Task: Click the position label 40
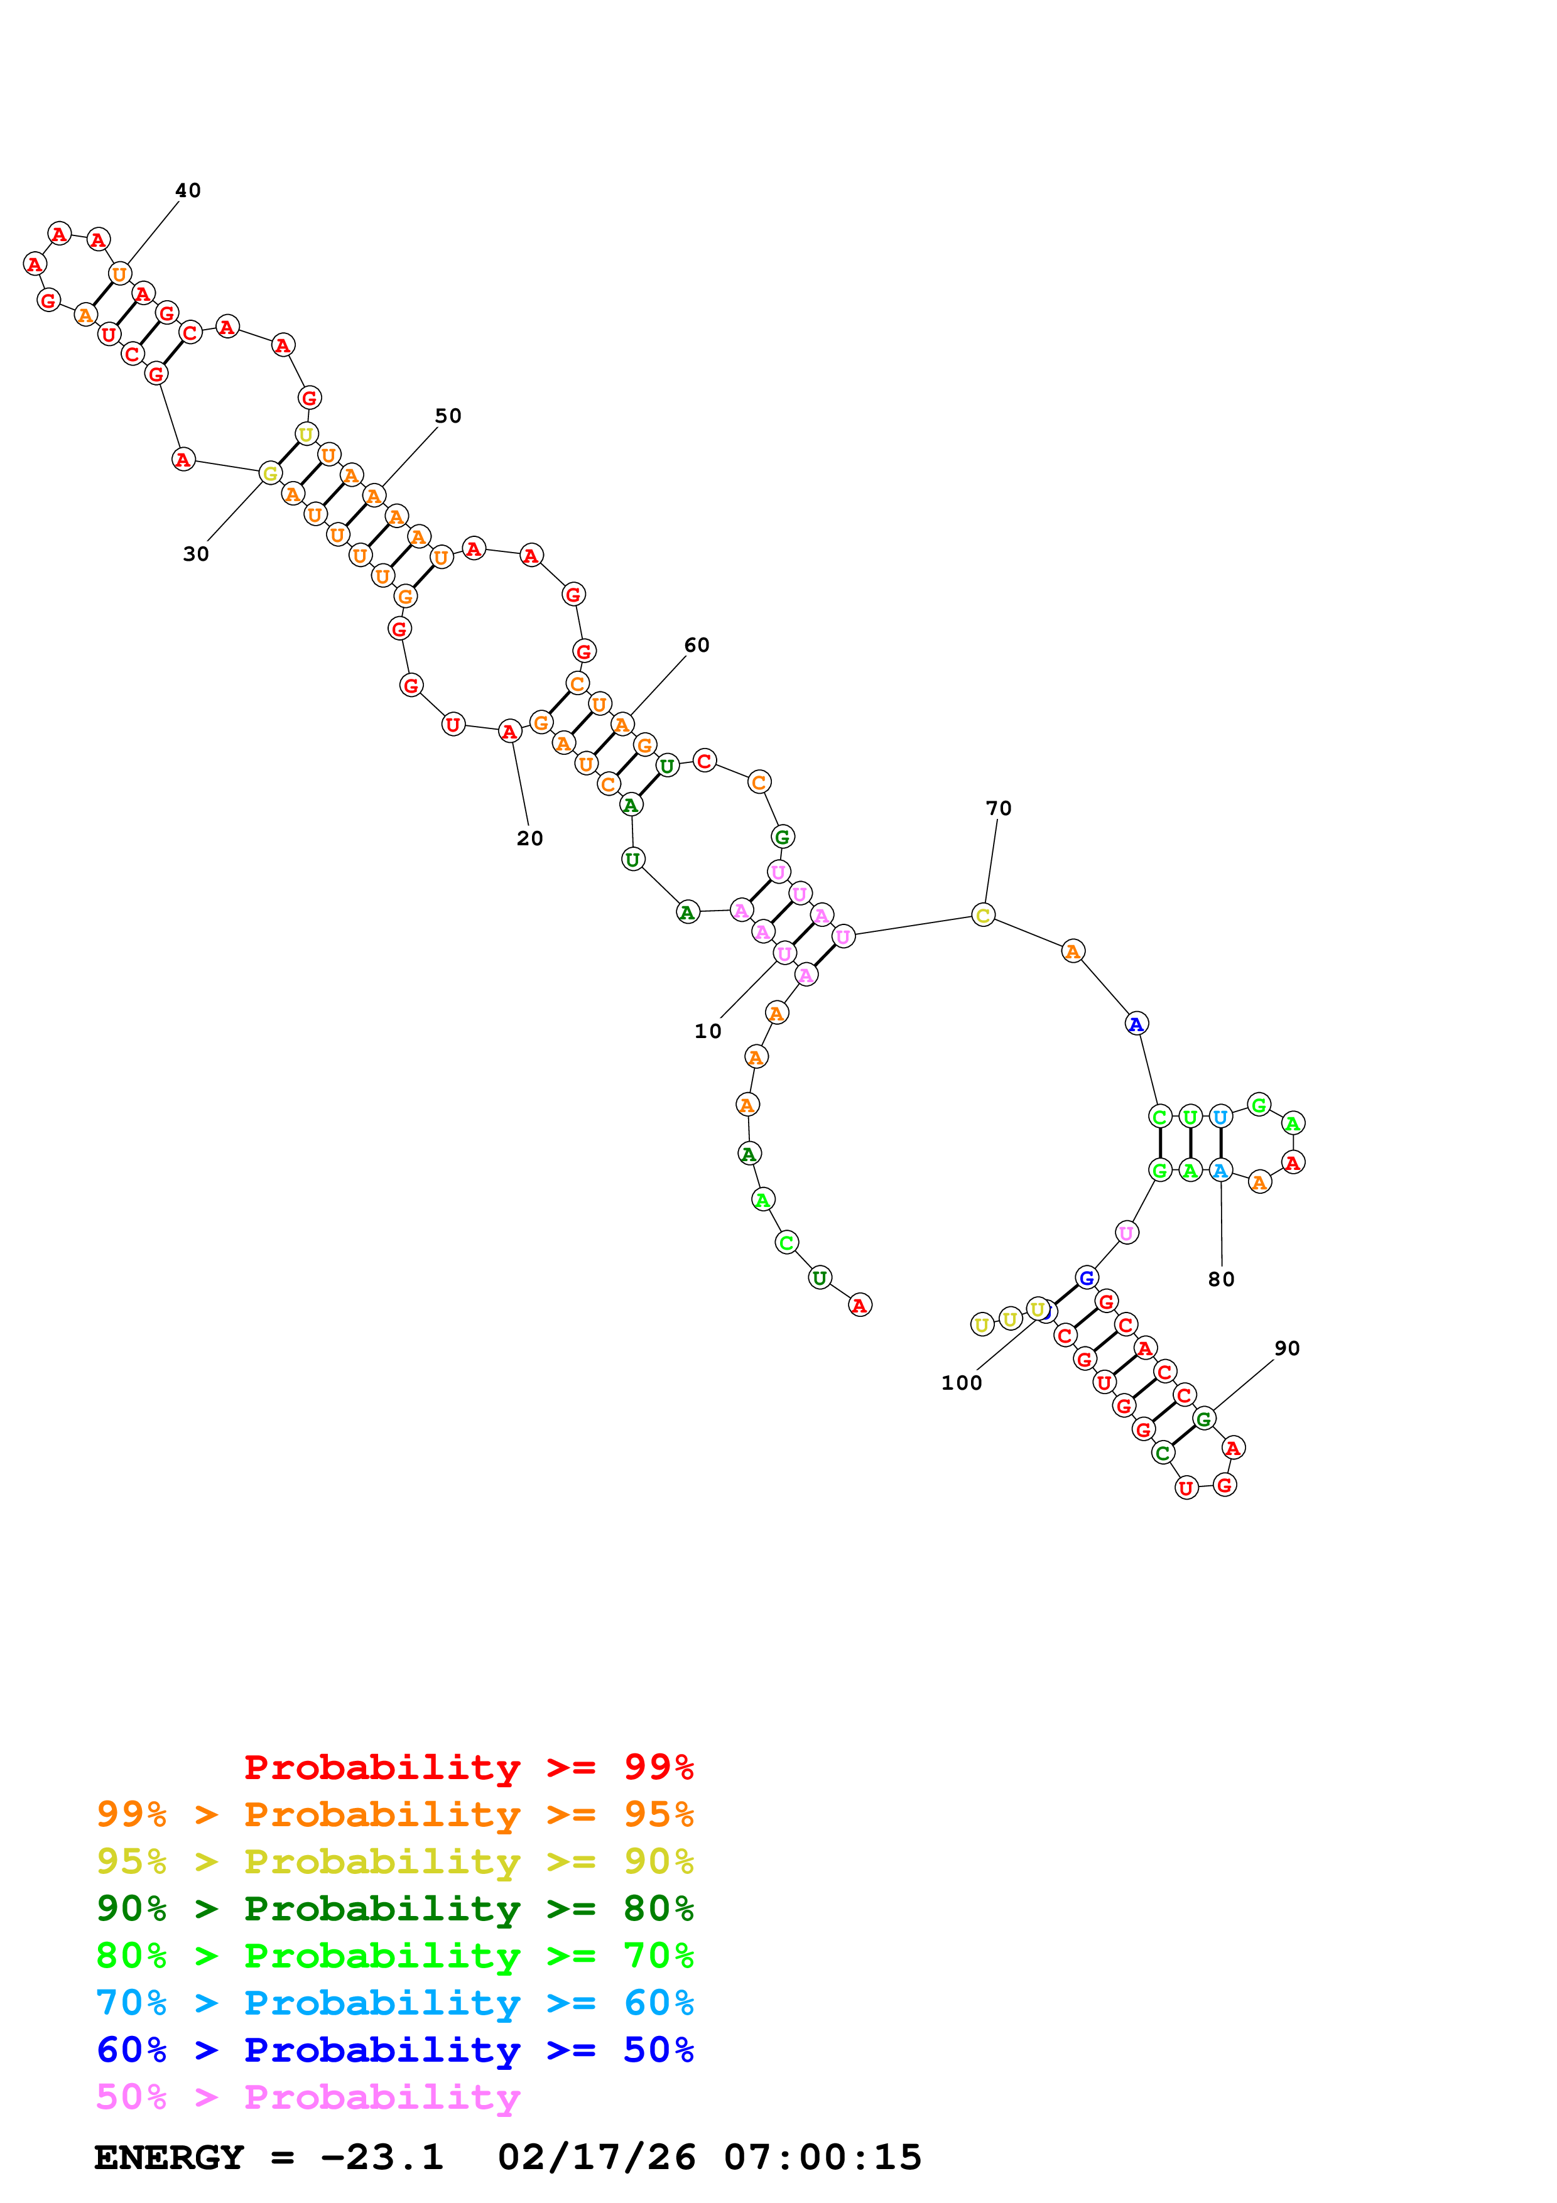(188, 191)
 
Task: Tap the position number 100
(961, 1383)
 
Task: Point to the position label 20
(529, 838)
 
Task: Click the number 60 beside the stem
(697, 646)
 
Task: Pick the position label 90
(1286, 1348)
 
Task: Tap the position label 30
(196, 555)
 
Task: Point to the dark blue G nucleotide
(1086, 1278)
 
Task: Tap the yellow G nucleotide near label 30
(271, 473)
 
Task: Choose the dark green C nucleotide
(1163, 1453)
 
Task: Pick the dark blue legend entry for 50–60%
(394, 2050)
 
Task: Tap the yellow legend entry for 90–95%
(394, 1861)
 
